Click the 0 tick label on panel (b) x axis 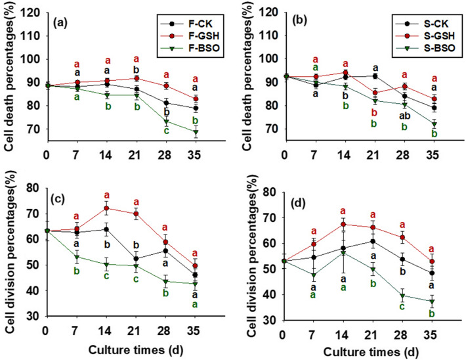(x=284, y=155)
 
